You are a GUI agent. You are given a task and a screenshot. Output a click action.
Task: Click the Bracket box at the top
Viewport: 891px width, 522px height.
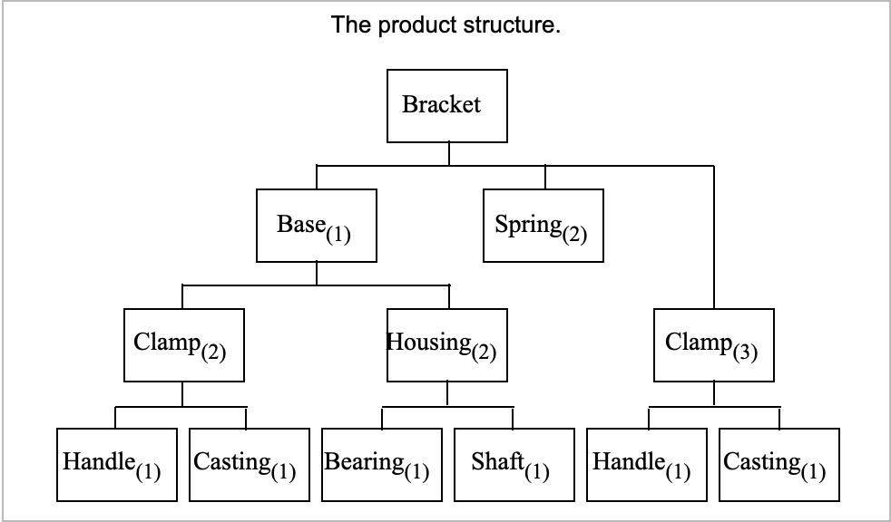point(446,105)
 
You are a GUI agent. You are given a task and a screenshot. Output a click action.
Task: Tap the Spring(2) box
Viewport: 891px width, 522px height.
point(543,225)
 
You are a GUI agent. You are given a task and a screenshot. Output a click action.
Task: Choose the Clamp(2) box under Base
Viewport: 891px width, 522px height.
point(183,345)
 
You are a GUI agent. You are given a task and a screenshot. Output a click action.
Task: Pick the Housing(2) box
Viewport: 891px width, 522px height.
point(446,345)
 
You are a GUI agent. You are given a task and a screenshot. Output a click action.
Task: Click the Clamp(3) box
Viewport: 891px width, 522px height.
point(714,345)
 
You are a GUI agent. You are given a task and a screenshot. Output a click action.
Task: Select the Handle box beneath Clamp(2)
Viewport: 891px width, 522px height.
point(116,464)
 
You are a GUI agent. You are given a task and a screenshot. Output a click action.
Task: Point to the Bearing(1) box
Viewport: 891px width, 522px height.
point(381,464)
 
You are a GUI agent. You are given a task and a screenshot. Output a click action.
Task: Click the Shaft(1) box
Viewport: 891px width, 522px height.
point(514,464)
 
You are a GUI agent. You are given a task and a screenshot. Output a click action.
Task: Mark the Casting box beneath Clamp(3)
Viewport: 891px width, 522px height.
point(778,464)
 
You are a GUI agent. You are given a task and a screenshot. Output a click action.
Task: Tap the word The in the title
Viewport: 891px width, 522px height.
point(350,24)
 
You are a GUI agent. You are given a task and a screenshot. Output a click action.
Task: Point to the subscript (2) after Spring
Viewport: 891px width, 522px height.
point(574,235)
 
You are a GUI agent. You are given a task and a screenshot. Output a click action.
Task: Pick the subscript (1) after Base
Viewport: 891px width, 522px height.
point(338,235)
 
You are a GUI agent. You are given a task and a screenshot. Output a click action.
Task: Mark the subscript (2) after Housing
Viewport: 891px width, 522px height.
point(483,353)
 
